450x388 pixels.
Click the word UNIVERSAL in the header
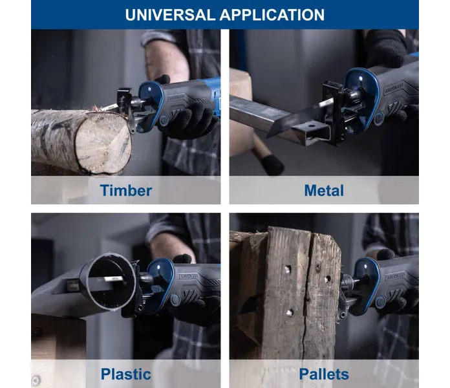[170, 15]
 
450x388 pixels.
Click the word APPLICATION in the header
[272, 15]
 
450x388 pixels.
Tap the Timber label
[125, 191]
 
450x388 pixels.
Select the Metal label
[324, 191]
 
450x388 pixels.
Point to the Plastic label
[125, 374]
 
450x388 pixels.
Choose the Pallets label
[324, 374]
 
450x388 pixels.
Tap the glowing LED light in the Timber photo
[149, 89]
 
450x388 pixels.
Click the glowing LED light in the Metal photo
[361, 78]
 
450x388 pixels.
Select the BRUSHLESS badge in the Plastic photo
[188, 276]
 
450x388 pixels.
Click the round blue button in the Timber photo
[164, 120]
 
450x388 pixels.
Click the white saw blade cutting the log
[109, 107]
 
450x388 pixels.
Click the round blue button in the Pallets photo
[380, 303]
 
